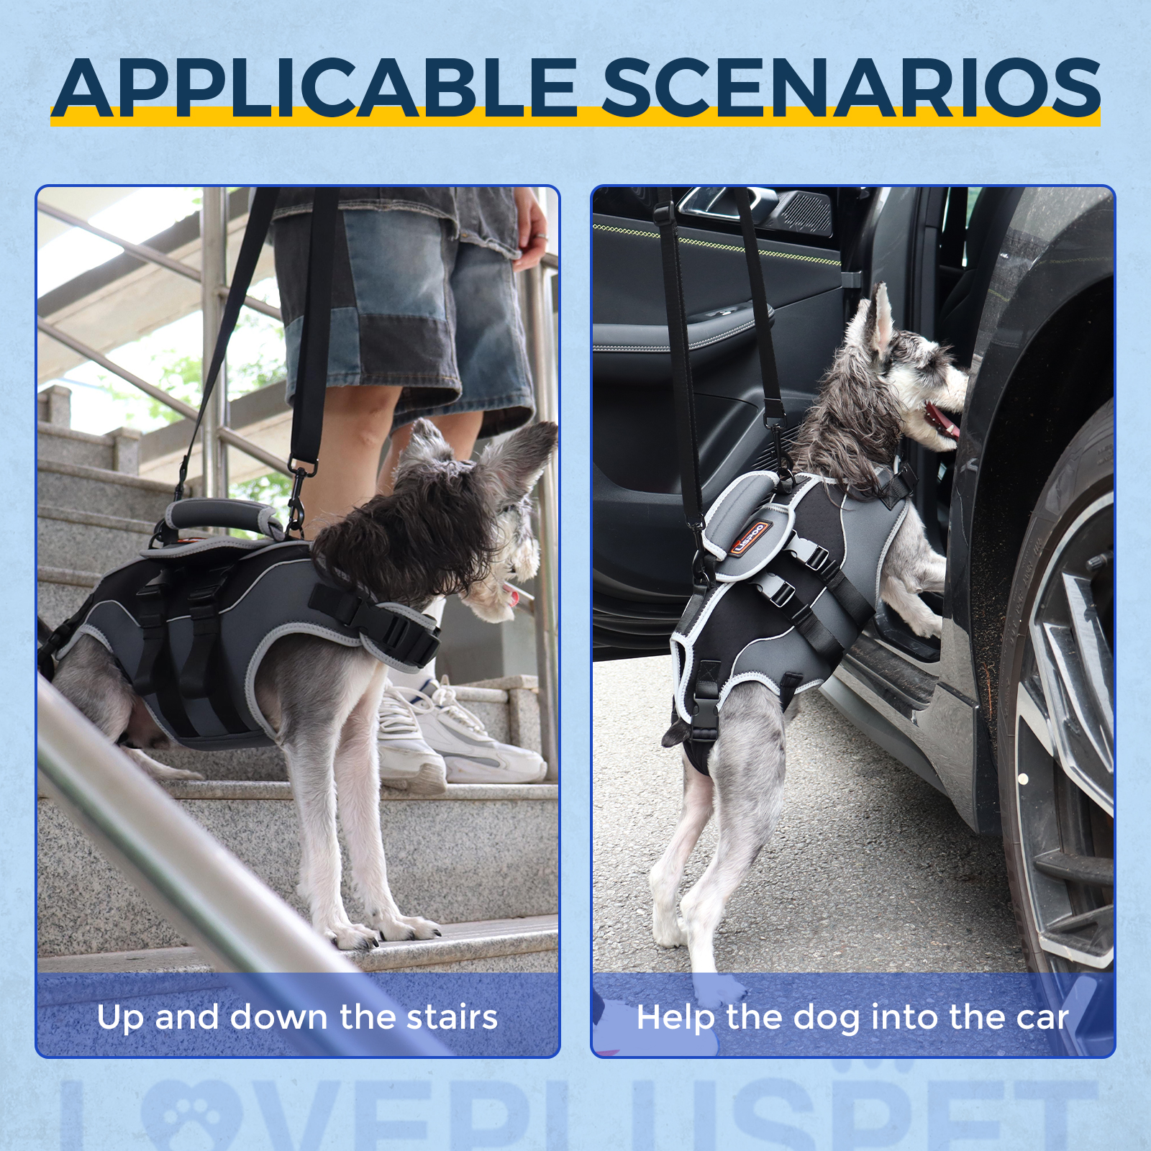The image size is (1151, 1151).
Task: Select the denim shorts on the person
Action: click(x=403, y=317)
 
